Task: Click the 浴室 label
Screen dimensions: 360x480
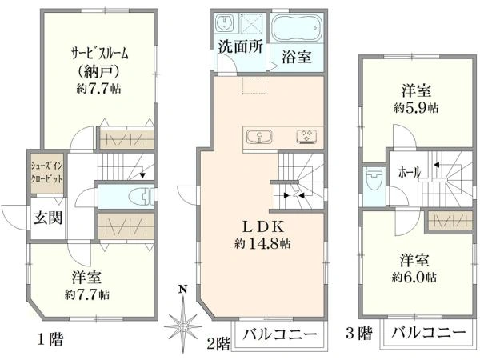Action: (x=296, y=57)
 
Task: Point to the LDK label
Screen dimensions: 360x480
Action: (x=262, y=226)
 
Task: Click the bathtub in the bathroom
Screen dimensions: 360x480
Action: (x=295, y=28)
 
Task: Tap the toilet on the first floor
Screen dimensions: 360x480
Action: (x=139, y=194)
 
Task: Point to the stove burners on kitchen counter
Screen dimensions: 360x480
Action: (x=306, y=135)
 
